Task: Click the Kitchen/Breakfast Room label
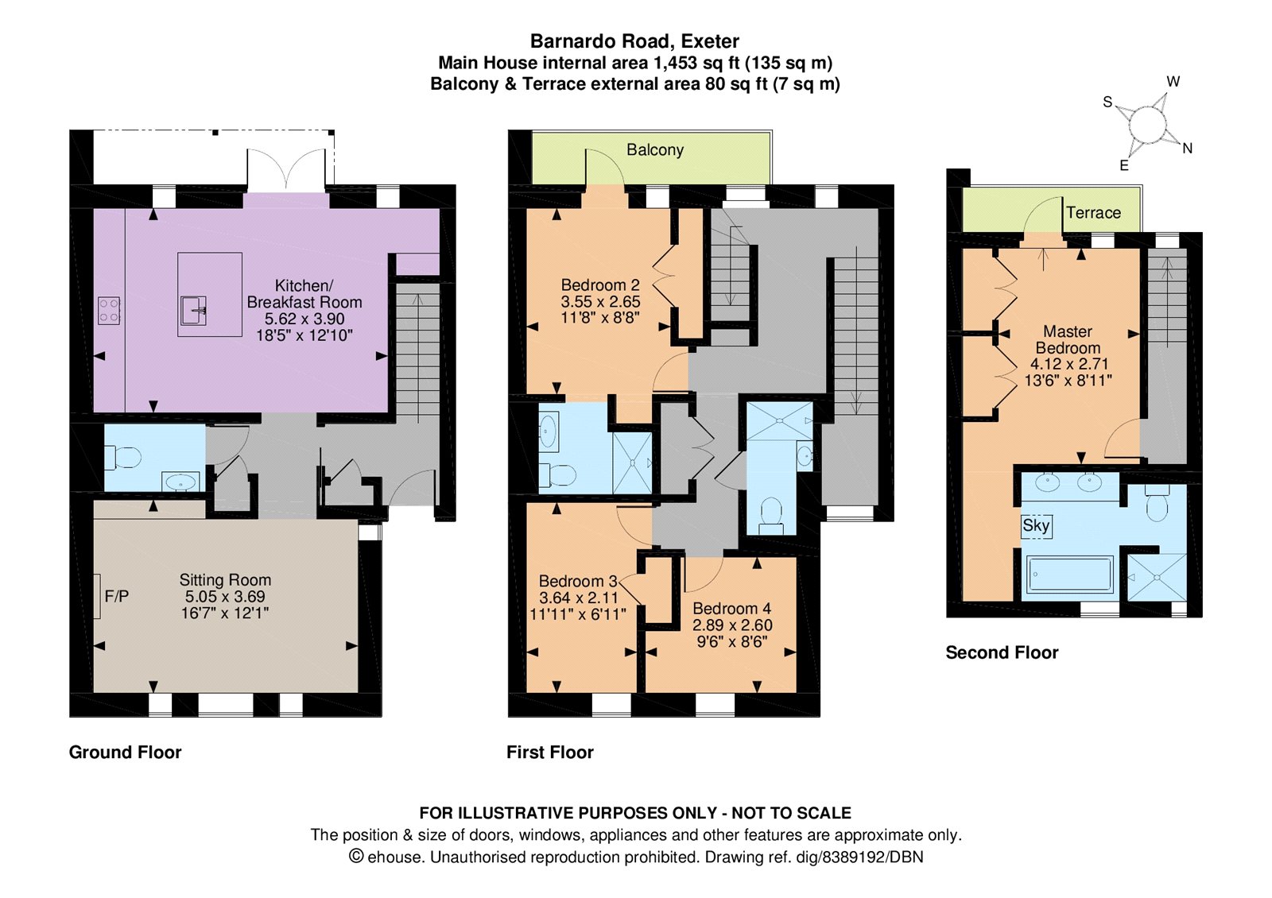tap(304, 293)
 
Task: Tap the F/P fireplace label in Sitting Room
tap(116, 596)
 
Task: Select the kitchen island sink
tap(193, 310)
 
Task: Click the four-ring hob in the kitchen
tap(109, 311)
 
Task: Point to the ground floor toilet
tap(124, 458)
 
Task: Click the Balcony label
tap(654, 150)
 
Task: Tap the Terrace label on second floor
tap(1093, 213)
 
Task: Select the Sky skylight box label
tap(1036, 525)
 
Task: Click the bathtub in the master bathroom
tap(1070, 574)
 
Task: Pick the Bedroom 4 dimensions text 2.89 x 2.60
tap(731, 625)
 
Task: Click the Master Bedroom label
tap(1068, 339)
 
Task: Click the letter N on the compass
tap(1187, 149)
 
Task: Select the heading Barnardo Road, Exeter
tap(634, 41)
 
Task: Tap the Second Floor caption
tap(1002, 652)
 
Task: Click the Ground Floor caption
tap(126, 752)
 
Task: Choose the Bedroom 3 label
tap(577, 582)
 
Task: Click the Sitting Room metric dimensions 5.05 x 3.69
tap(225, 597)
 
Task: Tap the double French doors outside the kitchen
tap(286, 169)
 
